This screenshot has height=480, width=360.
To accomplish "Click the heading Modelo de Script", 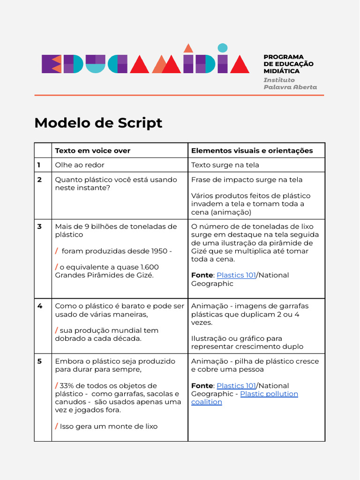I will pos(98,123).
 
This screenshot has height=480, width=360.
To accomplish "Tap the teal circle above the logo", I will pos(223,47).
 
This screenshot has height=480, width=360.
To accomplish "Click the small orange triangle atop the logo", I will pos(188,48).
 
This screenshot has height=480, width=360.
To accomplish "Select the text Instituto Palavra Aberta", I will pos(290,83).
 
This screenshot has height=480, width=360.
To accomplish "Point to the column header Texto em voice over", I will pos(92,150).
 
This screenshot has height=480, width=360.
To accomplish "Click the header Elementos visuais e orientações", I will pos(252,150).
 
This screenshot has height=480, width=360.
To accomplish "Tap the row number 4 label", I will pos(40,306).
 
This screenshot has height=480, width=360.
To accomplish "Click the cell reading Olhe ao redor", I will pos(80,165).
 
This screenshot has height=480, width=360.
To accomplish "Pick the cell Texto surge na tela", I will pos(225,165).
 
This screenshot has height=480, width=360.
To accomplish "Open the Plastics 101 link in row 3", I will pos(236,275).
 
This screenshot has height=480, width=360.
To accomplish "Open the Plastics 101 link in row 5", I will pos(236,386).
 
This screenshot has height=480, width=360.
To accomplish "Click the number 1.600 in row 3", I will pos(150,267).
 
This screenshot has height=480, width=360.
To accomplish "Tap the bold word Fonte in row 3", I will pos(202,275).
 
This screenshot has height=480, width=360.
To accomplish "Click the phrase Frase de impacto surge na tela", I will pos(247,180).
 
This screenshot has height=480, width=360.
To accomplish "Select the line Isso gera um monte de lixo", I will pos(108,426).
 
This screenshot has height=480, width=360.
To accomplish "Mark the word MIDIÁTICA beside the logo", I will pos(281,71).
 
